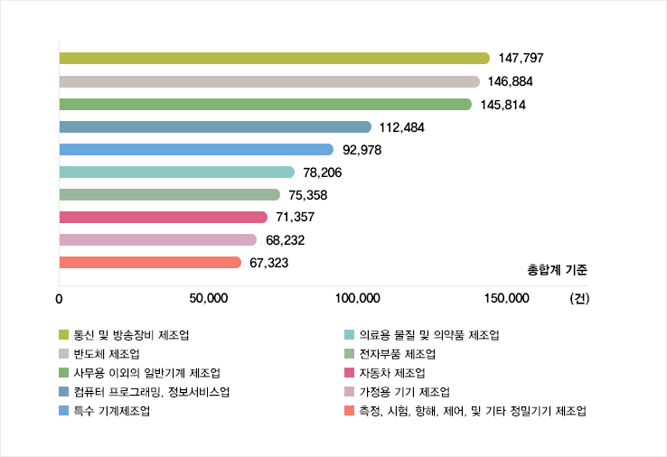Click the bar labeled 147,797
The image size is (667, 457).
point(271,59)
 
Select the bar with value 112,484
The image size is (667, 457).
point(214,126)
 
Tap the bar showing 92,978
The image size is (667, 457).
point(195,149)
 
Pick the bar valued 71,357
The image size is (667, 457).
point(163,217)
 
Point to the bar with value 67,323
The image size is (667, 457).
point(149,262)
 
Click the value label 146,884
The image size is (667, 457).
point(511,81)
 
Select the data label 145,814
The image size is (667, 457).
point(503,104)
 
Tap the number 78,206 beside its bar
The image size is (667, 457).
point(323,172)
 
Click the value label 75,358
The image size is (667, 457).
point(308,194)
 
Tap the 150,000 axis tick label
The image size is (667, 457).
point(506,299)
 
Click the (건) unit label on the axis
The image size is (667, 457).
point(578,299)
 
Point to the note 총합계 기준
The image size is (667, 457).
point(557,269)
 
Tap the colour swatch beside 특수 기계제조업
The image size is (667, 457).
point(63,411)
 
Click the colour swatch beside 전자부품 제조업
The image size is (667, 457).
point(349,353)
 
